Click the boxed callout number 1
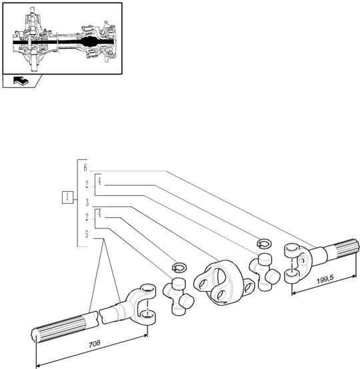coord(68,197)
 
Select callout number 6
coord(85,168)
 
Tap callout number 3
coord(87,202)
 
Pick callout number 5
coord(87,234)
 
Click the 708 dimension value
coord(95,344)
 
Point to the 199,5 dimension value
coord(325,280)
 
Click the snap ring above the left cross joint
coord(179,268)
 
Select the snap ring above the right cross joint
coord(264,244)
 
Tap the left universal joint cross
coord(178,296)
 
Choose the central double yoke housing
coord(224,282)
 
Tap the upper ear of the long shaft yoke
coord(148,290)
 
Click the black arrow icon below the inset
coord(21,81)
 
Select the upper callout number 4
coord(99,181)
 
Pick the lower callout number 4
coord(99,214)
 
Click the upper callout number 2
coord(87,184)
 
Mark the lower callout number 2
coord(87,217)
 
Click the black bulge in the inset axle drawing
coord(89,42)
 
